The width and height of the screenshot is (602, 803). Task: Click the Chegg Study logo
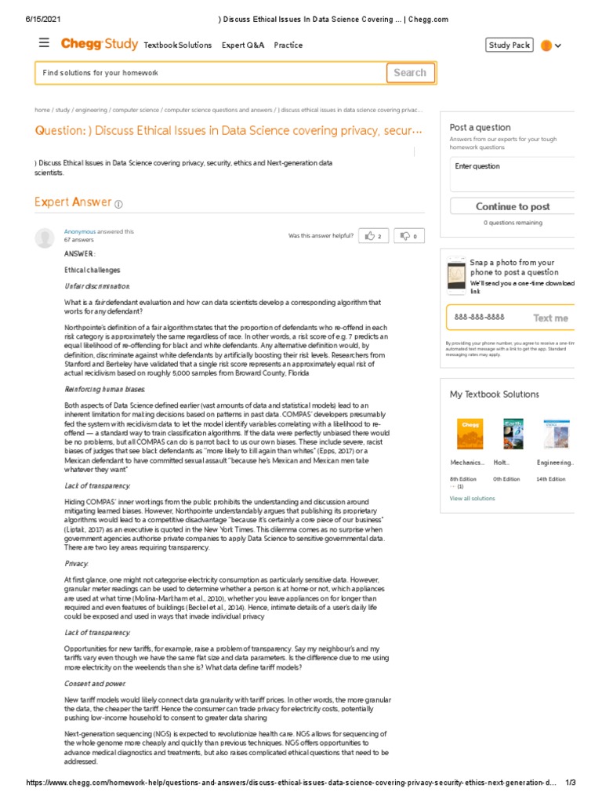tap(100, 45)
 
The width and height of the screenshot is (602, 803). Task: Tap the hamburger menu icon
tap(44, 44)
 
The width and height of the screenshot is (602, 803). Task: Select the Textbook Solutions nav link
tap(178, 45)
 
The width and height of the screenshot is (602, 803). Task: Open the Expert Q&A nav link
tap(243, 45)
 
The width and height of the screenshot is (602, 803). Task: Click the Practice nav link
tap(288, 45)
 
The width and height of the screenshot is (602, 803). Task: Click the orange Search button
tap(409, 73)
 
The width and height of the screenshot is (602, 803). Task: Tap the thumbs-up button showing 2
tap(374, 235)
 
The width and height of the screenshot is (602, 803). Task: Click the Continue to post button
tap(513, 207)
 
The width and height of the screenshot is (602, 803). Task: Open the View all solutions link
tap(472, 498)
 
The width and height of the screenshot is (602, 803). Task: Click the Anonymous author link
tap(79, 231)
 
